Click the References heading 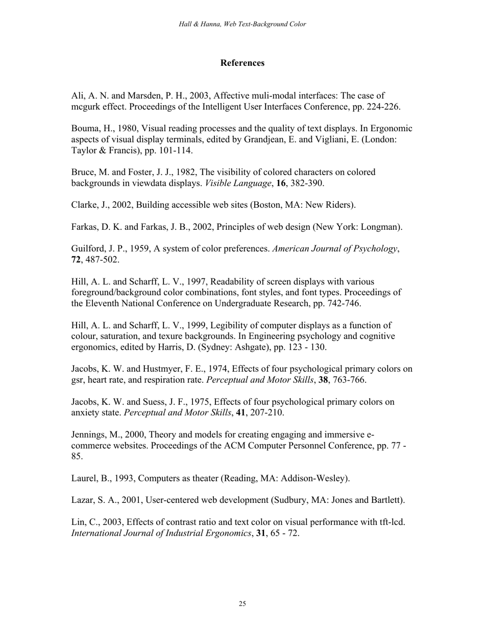[243, 63]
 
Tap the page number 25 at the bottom [242, 604]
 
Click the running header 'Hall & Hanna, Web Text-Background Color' [243, 24]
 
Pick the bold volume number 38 [323, 380]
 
